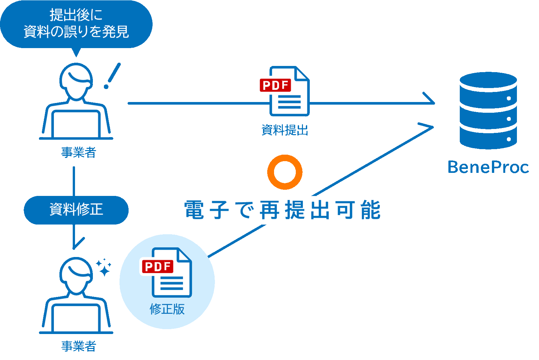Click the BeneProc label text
point(488,167)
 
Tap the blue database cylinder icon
point(488,110)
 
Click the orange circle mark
point(285,172)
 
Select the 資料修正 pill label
point(76,210)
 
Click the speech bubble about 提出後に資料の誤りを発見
point(76,24)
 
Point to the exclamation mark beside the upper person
point(112,76)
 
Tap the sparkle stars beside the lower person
point(104,267)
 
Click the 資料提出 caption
point(285,130)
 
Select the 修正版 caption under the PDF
point(167,309)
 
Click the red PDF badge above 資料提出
point(275,85)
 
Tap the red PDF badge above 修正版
point(157,266)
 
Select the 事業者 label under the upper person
point(79,152)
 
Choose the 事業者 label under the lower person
point(79,346)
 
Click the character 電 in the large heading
point(194,210)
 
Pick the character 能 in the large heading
point(370,210)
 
